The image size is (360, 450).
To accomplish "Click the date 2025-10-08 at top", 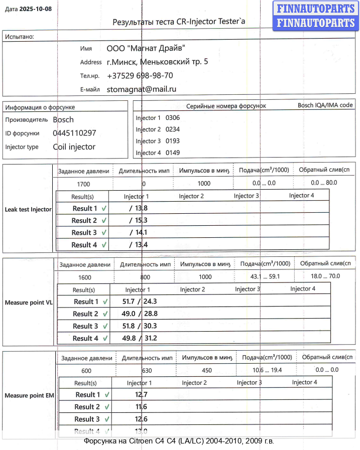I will [35, 9].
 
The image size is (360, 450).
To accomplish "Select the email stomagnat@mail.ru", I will [141, 89].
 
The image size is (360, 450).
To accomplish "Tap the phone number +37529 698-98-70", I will [140, 76].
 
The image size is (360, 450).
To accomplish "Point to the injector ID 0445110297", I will [74, 133].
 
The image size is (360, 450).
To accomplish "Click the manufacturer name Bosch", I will [63, 120].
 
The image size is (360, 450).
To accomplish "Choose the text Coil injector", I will [74, 147].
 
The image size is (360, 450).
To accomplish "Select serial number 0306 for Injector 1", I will [173, 118].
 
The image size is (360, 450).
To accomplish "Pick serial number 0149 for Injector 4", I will [173, 153].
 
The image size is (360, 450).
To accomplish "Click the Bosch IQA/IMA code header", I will [325, 105].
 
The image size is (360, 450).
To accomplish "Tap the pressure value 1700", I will [83, 184].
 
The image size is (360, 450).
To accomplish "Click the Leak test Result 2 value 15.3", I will [138, 221].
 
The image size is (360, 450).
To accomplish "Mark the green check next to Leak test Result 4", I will [104, 245].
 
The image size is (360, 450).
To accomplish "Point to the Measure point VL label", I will [28, 303].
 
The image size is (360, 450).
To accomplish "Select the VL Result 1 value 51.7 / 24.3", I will [140, 302].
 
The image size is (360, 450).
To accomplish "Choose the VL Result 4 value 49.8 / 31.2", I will [140, 339].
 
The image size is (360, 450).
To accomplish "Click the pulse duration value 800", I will [145, 277].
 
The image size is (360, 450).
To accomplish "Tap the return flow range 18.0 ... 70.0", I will [325, 276].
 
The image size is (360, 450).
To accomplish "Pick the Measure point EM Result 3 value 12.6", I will [141, 419].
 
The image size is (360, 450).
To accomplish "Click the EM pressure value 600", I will [86, 371].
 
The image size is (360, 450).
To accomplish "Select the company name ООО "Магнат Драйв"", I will [146, 49].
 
